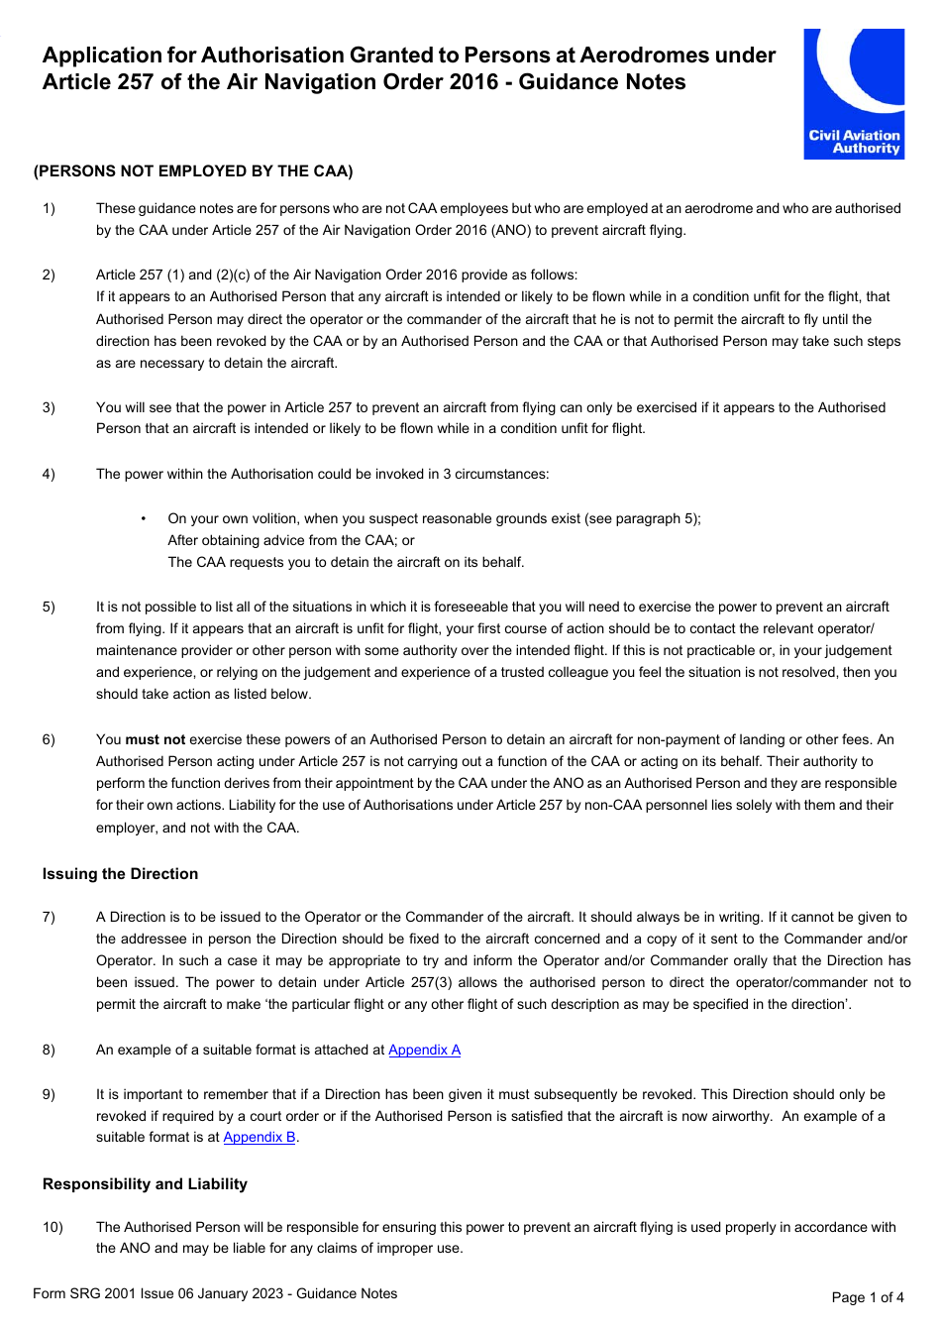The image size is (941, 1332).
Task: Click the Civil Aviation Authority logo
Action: click(x=854, y=93)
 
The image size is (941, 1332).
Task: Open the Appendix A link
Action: click(x=424, y=1050)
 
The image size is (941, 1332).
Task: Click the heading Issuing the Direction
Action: click(x=120, y=873)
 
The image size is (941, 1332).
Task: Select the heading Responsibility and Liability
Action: click(x=145, y=1183)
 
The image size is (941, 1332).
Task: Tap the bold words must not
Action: click(x=155, y=739)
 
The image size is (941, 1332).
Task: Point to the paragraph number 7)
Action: click(x=49, y=917)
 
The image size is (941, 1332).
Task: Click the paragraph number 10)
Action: click(x=52, y=1227)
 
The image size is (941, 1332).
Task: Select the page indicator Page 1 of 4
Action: click(x=868, y=1297)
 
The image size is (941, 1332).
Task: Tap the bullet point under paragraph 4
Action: click(x=144, y=518)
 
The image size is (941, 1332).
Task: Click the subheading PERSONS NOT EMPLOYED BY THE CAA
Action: click(x=193, y=171)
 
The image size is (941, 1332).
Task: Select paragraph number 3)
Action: click(x=49, y=407)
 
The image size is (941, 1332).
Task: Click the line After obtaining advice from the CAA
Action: click(x=290, y=540)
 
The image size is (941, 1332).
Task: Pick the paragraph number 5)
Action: click(x=49, y=607)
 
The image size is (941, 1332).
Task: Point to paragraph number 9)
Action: click(x=49, y=1094)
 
